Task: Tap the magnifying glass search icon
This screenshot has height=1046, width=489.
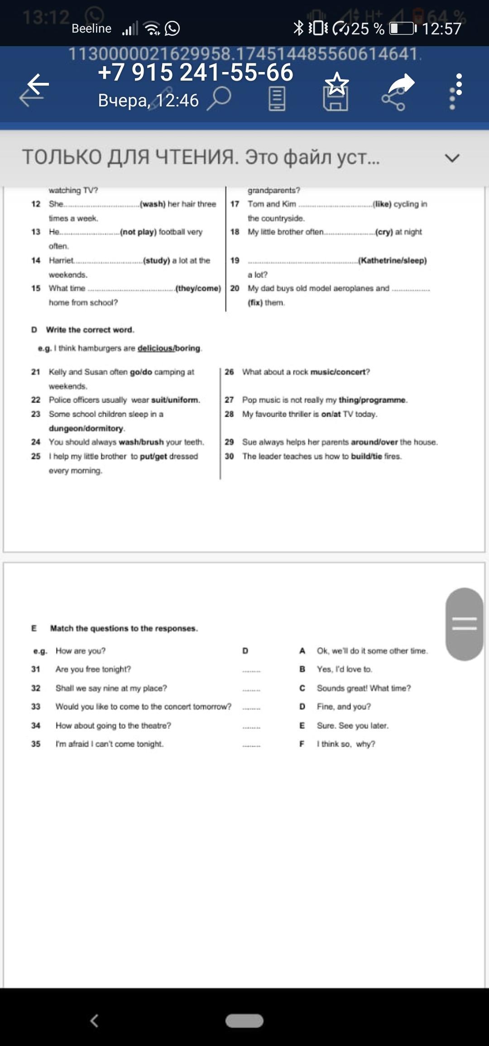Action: pyautogui.click(x=219, y=98)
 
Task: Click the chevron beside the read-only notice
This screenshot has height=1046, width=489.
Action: pyautogui.click(x=452, y=158)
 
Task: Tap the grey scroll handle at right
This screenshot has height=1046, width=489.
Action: pyautogui.click(x=464, y=624)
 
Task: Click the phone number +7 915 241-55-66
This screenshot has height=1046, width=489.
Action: pyautogui.click(x=196, y=72)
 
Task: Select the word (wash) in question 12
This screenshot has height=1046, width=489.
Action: pyautogui.click(x=153, y=204)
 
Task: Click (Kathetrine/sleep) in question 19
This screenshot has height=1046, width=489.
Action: pyautogui.click(x=393, y=260)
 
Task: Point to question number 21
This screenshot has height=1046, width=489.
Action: pyautogui.click(x=36, y=372)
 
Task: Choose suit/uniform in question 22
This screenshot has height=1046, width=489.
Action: pyautogui.click(x=175, y=400)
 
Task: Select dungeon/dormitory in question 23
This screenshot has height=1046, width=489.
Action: pyautogui.click(x=86, y=428)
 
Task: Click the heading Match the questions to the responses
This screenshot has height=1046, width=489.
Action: pyautogui.click(x=124, y=628)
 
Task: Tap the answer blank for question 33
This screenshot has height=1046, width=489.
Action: pyautogui.click(x=251, y=707)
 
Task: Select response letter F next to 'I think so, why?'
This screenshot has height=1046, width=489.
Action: pyautogui.click(x=302, y=744)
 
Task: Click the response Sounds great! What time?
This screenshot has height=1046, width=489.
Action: pyautogui.click(x=364, y=688)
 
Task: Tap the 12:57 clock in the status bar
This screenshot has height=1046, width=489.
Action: pyautogui.click(x=441, y=29)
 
